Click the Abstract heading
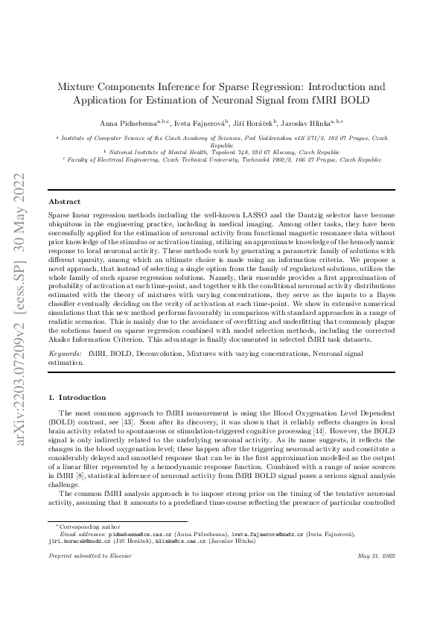pos(65,201)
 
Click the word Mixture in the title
pos(81,86)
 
